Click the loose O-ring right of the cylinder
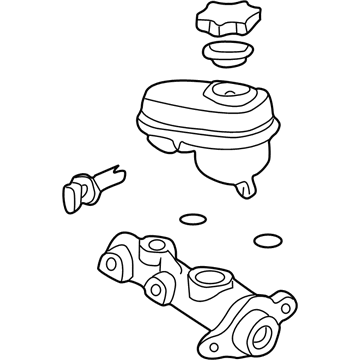265,240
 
